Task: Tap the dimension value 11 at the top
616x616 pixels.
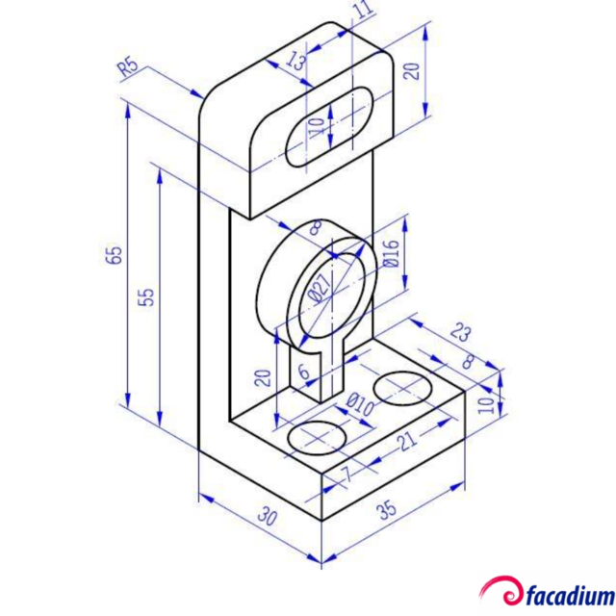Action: coord(363,11)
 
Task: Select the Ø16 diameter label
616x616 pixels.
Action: coord(390,253)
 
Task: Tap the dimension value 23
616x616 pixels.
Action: coord(461,333)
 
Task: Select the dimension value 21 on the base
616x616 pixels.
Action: coord(407,441)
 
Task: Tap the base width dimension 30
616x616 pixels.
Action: coord(267,517)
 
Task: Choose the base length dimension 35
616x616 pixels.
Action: coord(388,509)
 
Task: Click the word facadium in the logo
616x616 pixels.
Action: coord(571,594)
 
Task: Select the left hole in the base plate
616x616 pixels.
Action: coord(318,436)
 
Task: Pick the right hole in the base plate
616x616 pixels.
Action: coord(401,388)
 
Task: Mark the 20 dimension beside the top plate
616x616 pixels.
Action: coord(411,73)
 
